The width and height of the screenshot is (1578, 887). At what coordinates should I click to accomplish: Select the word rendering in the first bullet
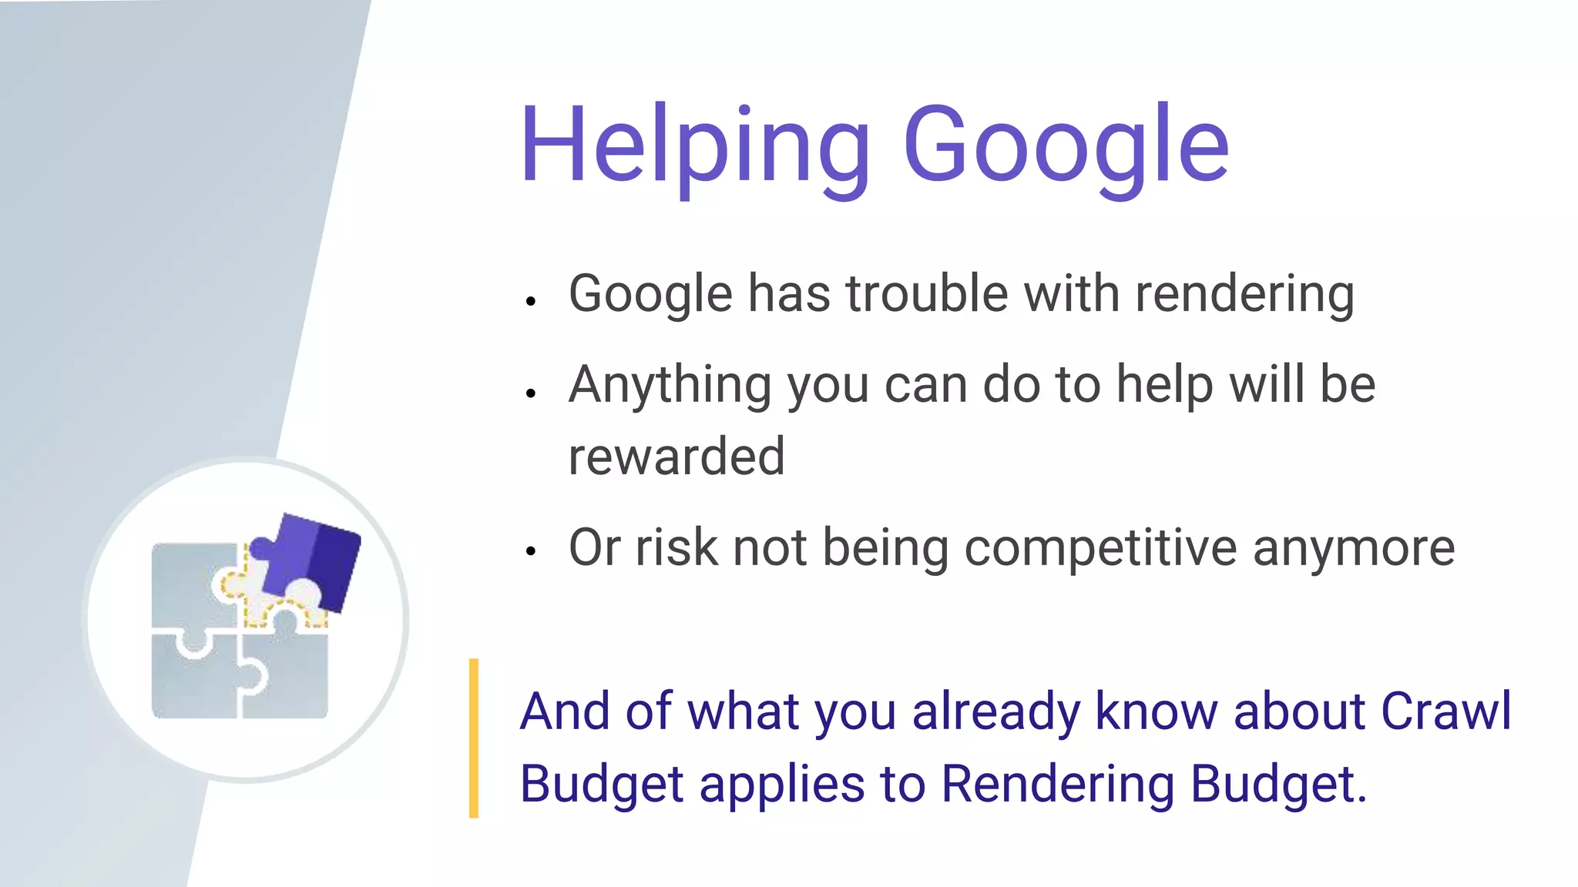(x=1244, y=295)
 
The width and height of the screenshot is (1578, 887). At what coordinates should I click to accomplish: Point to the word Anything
(x=670, y=385)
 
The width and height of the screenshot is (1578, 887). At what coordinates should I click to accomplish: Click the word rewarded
(x=677, y=456)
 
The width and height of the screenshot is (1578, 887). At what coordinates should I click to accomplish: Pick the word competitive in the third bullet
(x=1100, y=548)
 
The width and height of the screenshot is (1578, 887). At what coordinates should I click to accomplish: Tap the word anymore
(x=1354, y=548)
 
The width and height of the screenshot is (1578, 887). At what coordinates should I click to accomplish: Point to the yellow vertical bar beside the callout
(x=474, y=738)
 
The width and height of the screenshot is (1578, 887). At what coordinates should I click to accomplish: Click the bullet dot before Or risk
(x=530, y=551)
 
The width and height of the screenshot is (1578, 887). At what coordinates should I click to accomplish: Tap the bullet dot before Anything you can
(x=530, y=393)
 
